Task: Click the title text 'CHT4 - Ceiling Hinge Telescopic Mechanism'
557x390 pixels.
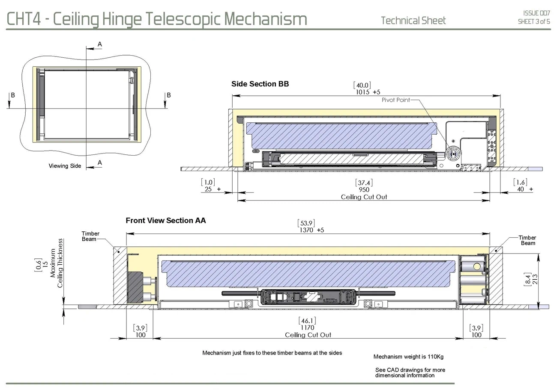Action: click(x=157, y=19)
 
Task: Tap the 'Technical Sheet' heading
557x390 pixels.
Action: click(x=413, y=21)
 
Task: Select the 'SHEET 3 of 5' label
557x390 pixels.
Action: click(x=533, y=21)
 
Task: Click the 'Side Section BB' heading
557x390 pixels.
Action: click(x=260, y=84)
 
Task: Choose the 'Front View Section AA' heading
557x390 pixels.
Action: click(x=165, y=221)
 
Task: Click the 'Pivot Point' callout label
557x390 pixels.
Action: click(x=395, y=100)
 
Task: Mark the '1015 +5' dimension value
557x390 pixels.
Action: click(x=368, y=92)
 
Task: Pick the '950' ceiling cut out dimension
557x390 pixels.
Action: click(x=364, y=189)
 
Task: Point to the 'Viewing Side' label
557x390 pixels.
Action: click(x=65, y=166)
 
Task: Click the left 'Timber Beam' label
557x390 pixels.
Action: click(x=90, y=236)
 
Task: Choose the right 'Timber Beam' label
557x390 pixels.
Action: click(x=527, y=240)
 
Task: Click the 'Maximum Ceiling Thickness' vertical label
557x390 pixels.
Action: click(x=56, y=263)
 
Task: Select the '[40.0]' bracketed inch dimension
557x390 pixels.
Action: click(x=362, y=86)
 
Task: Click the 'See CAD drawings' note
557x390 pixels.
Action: click(x=410, y=372)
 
